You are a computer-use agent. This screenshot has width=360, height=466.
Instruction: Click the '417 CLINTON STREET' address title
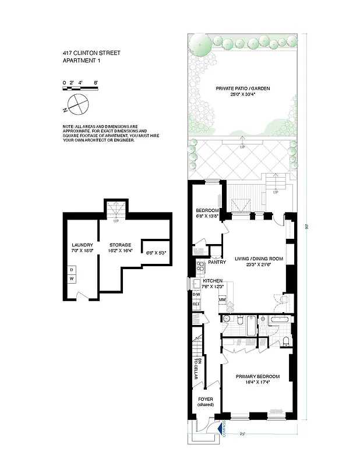click(x=91, y=53)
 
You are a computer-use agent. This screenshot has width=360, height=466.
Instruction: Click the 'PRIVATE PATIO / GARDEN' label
click(x=243, y=89)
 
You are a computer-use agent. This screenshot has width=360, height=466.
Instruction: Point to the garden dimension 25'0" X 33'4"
click(x=243, y=95)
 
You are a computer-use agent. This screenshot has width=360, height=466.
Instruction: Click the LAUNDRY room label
click(x=82, y=245)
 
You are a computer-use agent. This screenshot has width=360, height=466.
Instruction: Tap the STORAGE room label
click(x=121, y=245)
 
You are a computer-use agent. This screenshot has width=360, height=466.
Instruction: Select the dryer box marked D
click(x=72, y=270)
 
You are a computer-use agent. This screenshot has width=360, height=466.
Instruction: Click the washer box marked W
click(x=72, y=279)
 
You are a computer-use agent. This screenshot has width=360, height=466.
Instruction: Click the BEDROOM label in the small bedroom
click(x=207, y=210)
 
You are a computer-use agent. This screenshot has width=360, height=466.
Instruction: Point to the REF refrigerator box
click(x=196, y=304)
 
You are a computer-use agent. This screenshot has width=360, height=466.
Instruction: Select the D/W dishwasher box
click(x=196, y=294)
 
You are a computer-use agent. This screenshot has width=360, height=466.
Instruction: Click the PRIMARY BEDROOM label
click(x=257, y=377)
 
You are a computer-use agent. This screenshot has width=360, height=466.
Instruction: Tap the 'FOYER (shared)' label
click(x=206, y=401)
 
